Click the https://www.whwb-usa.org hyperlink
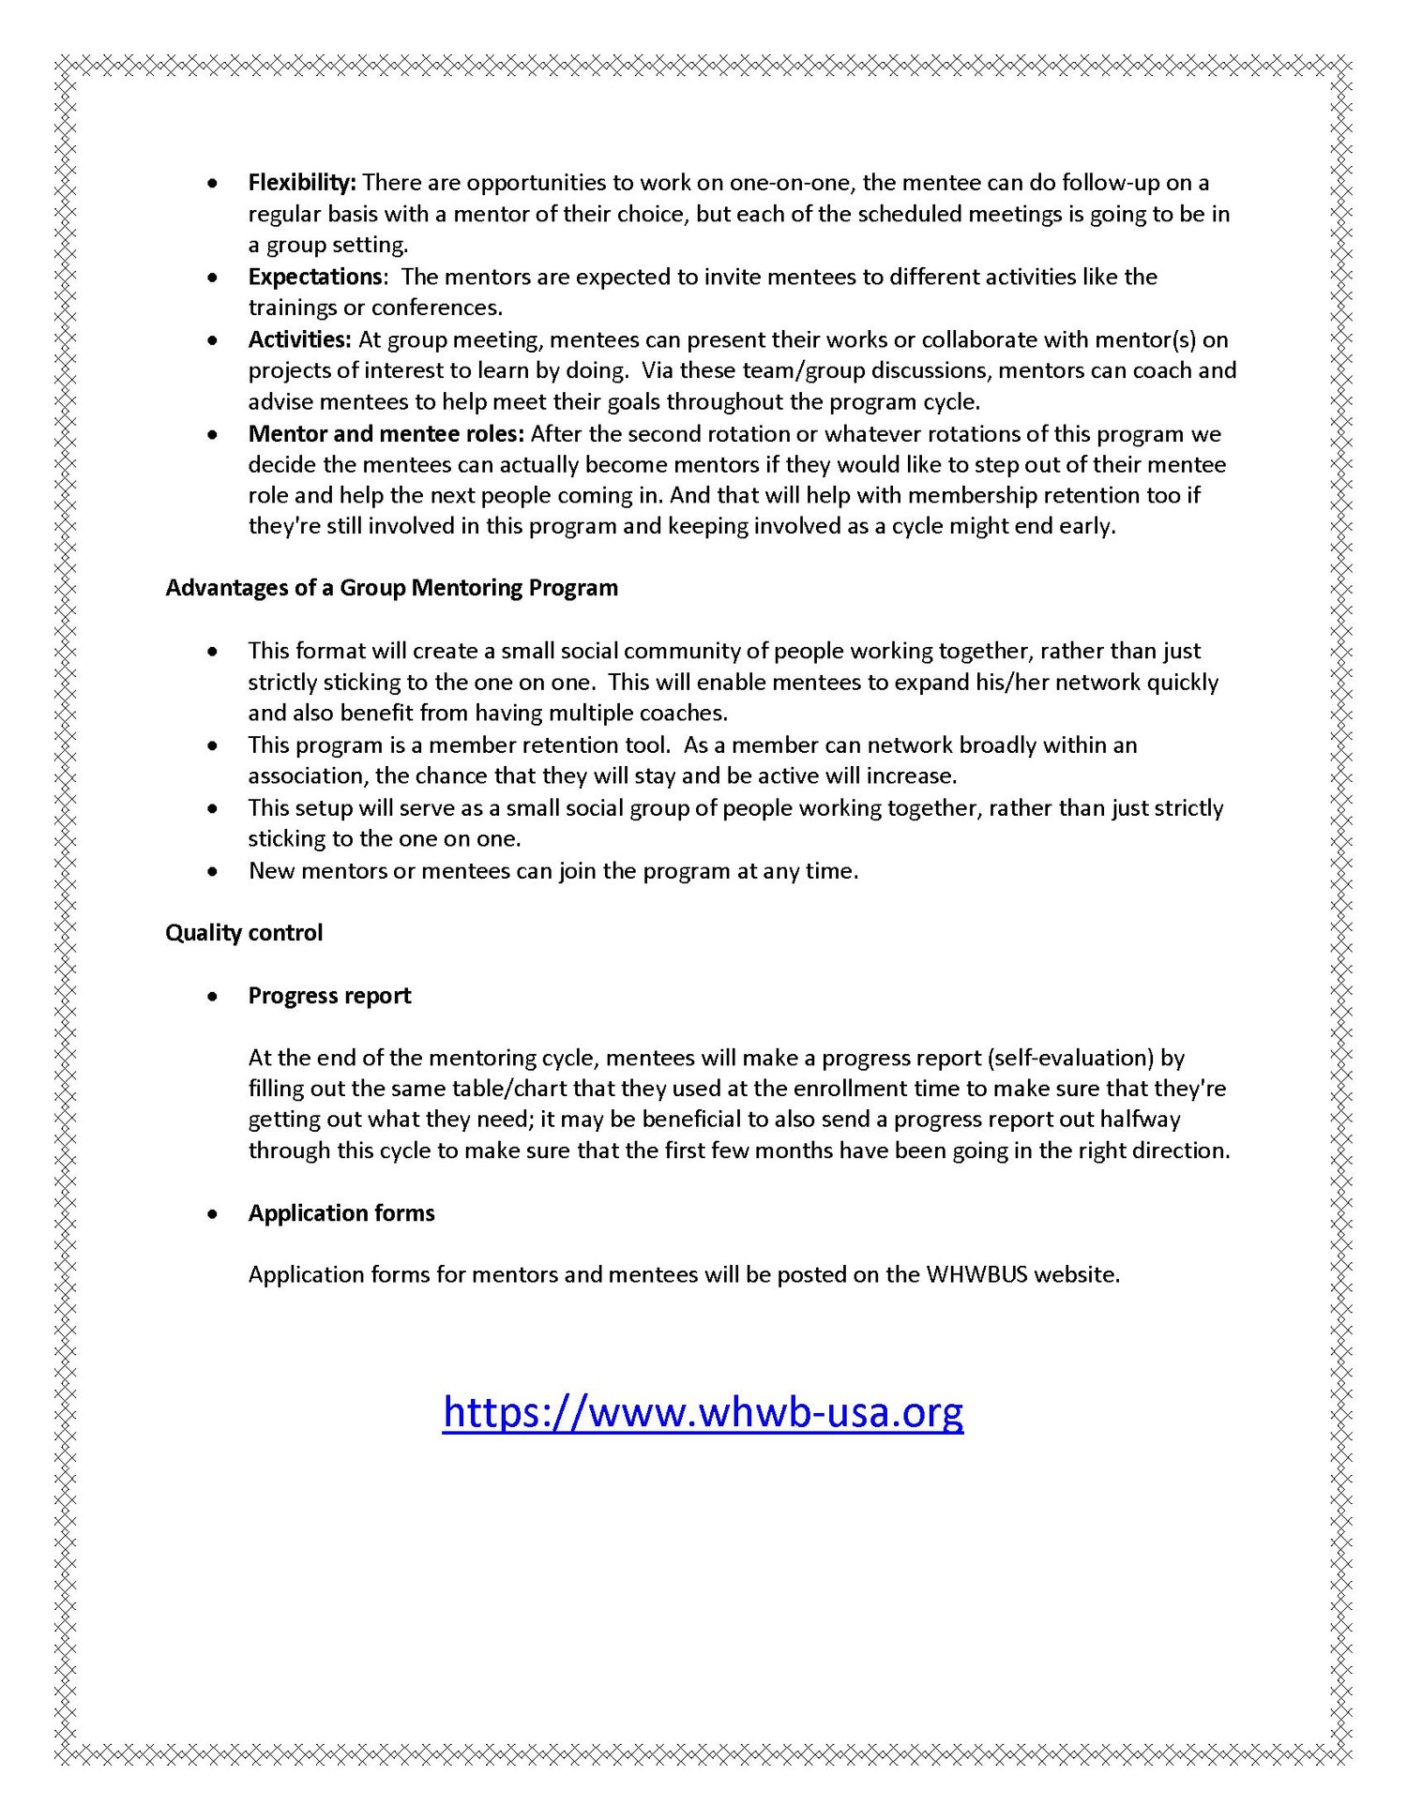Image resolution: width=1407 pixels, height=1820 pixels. pos(703,1411)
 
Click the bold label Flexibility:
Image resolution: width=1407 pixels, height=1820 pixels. pos(301,182)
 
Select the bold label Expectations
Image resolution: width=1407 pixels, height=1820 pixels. pos(315,277)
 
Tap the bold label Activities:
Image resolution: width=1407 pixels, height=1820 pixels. pos(299,339)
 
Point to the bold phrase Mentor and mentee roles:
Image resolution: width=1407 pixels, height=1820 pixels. pos(386,433)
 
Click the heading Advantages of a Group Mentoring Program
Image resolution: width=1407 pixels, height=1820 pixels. pos(391,588)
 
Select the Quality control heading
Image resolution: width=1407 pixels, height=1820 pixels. pos(244,933)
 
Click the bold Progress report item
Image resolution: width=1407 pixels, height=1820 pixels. pos(329,996)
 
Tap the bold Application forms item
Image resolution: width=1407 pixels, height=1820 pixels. pos(341,1213)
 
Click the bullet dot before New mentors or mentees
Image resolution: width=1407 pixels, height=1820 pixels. pos(214,872)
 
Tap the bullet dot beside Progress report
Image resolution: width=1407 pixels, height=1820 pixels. pos(214,997)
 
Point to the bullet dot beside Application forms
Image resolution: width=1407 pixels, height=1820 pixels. pos(214,1214)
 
